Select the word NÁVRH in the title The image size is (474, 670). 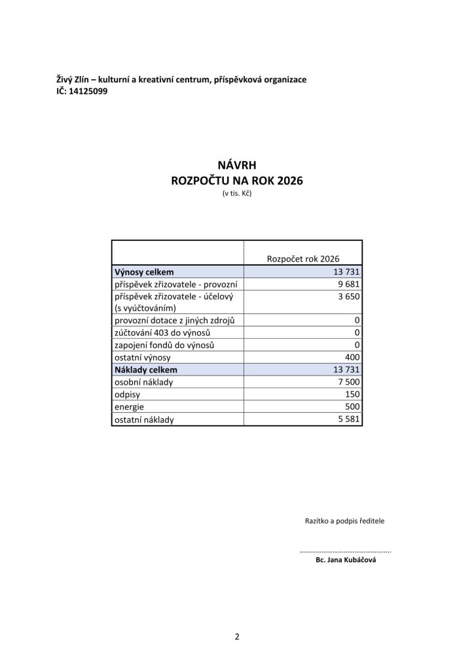236,167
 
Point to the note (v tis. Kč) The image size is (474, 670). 236,194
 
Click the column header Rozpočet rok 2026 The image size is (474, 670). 302,258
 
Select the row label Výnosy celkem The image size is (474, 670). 144,272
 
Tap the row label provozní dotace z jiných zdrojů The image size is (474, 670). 179,320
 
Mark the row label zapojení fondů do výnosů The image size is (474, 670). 165,345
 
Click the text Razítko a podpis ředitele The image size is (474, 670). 344,521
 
